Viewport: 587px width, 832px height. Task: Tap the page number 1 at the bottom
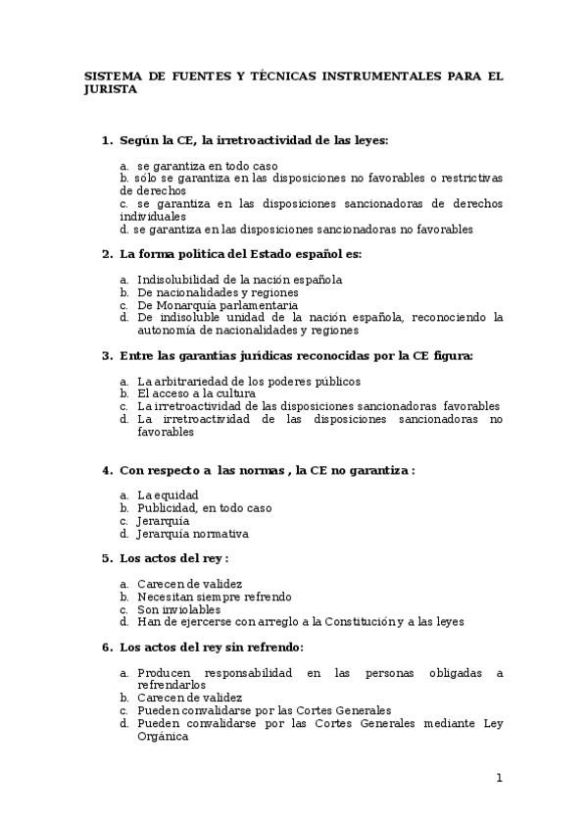coord(499,778)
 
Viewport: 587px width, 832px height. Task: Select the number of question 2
coord(107,254)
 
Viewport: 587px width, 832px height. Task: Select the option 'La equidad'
coord(168,495)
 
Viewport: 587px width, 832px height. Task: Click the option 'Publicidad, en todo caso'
coord(204,508)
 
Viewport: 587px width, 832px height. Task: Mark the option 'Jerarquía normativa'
coord(192,534)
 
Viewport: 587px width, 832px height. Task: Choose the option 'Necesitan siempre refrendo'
coord(214,597)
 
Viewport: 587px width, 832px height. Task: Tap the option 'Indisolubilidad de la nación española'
coord(239,280)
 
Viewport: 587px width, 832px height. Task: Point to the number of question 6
coord(107,648)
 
